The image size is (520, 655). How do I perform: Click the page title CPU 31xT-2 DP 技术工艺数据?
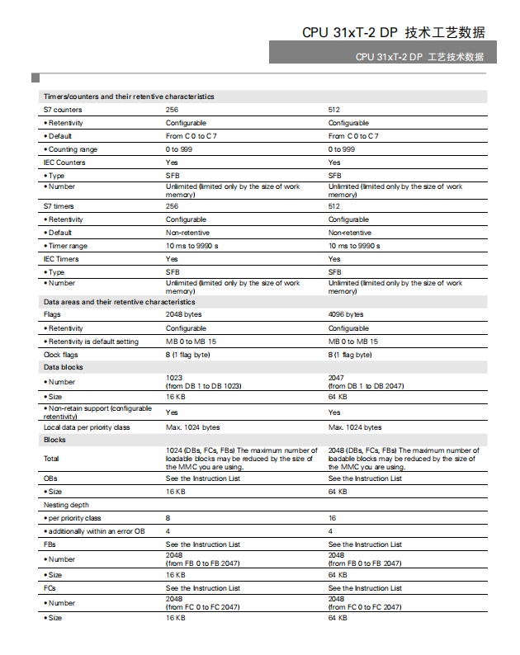393,32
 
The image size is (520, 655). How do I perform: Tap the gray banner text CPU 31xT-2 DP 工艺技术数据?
419,57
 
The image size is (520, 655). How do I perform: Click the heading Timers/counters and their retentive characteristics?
128,97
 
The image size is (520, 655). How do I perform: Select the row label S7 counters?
63,110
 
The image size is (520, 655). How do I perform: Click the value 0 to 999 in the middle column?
179,149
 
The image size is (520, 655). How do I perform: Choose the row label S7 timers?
59,206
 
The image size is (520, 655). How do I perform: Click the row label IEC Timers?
61,259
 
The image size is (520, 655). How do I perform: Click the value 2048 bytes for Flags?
184,314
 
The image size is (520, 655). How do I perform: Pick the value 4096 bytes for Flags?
346,314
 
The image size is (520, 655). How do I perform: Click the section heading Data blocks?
63,367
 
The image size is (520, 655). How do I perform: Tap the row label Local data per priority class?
87,427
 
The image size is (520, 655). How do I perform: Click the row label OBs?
50,478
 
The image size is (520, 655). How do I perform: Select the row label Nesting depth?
66,505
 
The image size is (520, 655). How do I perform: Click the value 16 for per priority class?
332,518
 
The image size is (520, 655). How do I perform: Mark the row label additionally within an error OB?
96,531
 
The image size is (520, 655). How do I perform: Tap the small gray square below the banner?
35,78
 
